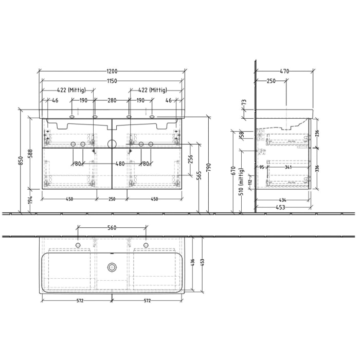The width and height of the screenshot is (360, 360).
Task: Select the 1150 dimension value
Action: (x=112, y=81)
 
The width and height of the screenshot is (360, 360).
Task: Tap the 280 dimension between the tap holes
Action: (x=112, y=101)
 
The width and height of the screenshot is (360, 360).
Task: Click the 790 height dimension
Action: (x=209, y=164)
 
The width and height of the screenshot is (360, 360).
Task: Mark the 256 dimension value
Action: (x=190, y=160)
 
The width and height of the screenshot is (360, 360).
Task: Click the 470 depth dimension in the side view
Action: (x=284, y=71)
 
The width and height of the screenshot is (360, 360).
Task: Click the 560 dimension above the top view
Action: (x=112, y=227)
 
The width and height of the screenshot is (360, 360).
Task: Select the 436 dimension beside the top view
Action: (x=193, y=264)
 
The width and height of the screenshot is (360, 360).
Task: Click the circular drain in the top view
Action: (x=112, y=267)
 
